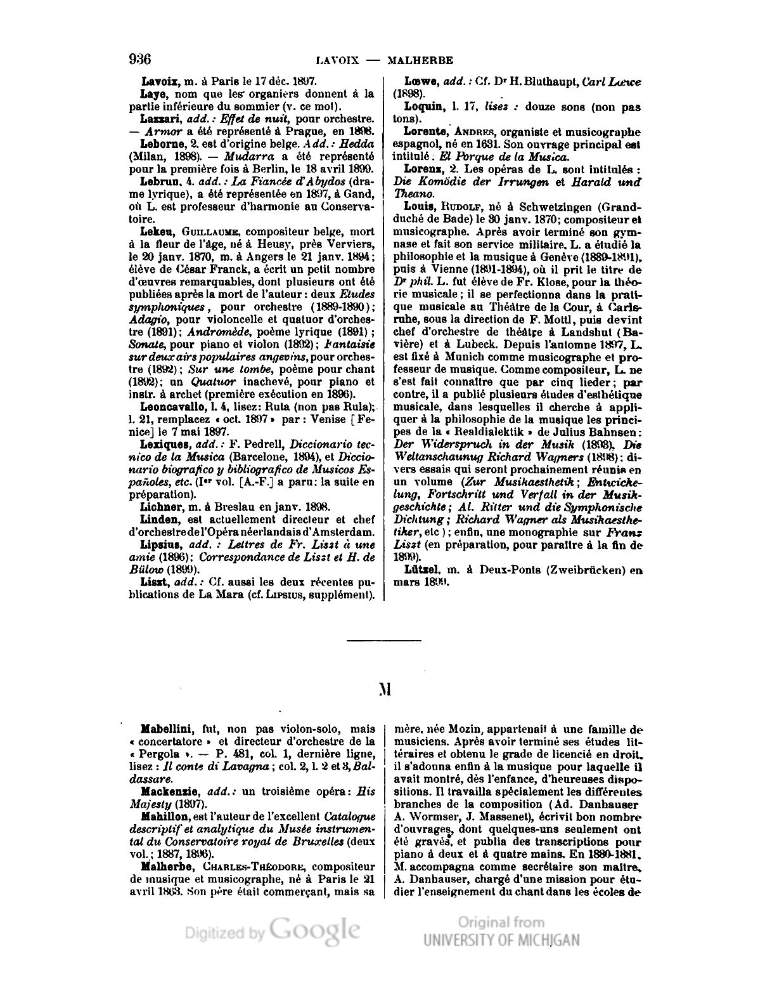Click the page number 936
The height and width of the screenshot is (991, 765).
139,60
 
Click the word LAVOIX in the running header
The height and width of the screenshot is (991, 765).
337,61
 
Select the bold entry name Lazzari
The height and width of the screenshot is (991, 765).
158,119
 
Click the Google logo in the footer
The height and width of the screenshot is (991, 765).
315,930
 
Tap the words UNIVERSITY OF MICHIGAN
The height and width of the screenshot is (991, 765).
502,940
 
